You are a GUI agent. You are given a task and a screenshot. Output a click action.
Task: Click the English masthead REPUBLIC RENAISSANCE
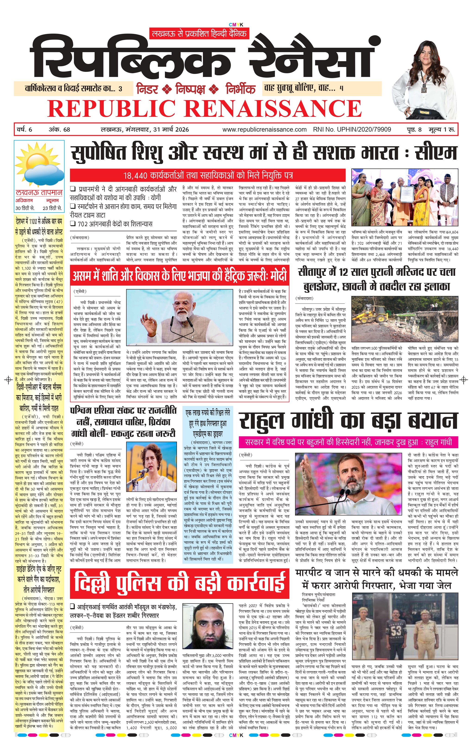204,108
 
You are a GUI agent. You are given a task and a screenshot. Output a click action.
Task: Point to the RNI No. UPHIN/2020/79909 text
352,130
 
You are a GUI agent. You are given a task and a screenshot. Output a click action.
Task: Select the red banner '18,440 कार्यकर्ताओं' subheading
207,175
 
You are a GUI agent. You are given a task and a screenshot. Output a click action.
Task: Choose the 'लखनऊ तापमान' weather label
39,192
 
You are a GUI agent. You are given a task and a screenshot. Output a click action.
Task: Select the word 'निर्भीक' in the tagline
240,89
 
